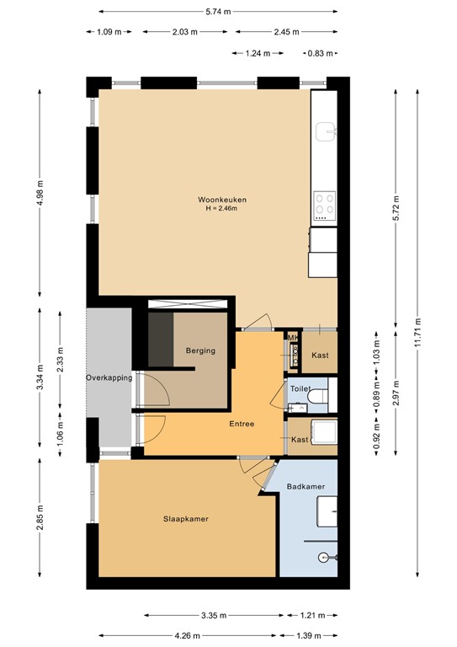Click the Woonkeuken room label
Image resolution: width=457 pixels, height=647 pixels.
(222, 200)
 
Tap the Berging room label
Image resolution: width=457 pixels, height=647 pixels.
(200, 350)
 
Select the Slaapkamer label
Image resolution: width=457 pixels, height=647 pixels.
(185, 519)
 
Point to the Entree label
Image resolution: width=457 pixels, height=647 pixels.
(241, 424)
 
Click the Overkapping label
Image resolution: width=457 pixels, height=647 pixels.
(109, 378)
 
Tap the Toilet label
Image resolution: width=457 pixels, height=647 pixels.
(300, 389)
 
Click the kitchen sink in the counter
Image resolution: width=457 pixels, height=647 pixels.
(325, 131)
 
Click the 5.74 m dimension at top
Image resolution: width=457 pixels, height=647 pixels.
(218, 12)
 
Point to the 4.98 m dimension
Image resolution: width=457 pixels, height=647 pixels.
(40, 195)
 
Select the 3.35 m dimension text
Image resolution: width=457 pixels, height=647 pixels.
(216, 615)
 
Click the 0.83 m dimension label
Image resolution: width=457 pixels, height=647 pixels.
(317, 53)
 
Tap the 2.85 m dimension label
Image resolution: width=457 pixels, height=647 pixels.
(40, 517)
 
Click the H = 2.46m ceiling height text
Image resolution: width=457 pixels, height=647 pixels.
(222, 209)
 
